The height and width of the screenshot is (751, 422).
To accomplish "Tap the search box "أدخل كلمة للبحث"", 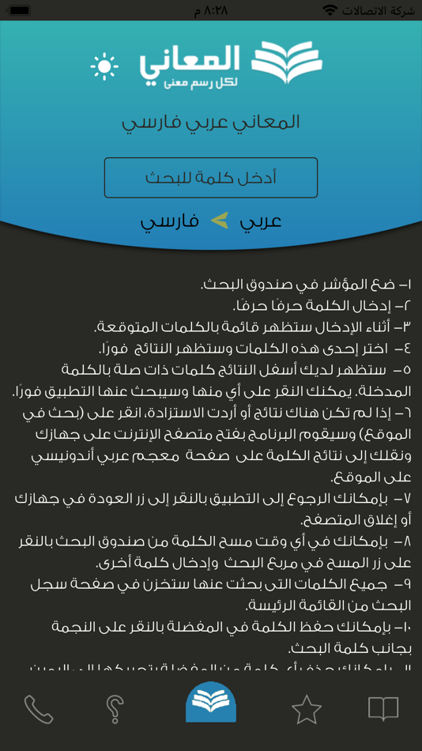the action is pyautogui.click(x=211, y=177).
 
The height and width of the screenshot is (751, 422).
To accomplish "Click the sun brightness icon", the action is pyautogui.click(x=104, y=66).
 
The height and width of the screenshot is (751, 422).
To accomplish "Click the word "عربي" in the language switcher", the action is pyautogui.click(x=260, y=221).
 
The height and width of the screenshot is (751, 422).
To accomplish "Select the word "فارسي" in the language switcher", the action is pyautogui.click(x=168, y=221).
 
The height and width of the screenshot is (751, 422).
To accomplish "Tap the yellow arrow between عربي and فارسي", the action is pyautogui.click(x=219, y=221).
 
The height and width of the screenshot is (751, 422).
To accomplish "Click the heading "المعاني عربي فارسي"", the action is pyautogui.click(x=211, y=123).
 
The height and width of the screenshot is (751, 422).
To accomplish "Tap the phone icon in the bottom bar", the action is pyautogui.click(x=38, y=709).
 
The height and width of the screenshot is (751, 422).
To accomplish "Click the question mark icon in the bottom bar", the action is pyautogui.click(x=115, y=709).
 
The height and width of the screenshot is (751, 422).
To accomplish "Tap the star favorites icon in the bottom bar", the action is pyautogui.click(x=307, y=709).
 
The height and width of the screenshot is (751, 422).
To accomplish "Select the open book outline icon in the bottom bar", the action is pyautogui.click(x=383, y=708).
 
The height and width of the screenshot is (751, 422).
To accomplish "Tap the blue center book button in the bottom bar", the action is pyautogui.click(x=211, y=701).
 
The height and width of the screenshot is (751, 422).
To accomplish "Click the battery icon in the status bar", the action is pyautogui.click(x=20, y=10).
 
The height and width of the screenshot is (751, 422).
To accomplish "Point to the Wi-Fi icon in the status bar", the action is pyautogui.click(x=330, y=10).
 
